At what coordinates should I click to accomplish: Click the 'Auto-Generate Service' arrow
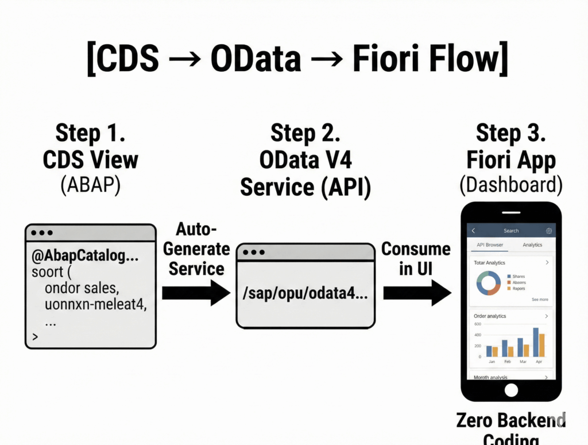[x=196, y=293]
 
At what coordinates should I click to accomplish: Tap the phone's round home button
[x=510, y=390]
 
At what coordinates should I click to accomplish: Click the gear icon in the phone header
[x=549, y=231]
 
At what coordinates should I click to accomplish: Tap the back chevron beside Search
[x=473, y=231]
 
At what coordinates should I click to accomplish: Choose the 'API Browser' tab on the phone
[x=490, y=245]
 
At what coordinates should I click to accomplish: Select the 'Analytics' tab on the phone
[x=532, y=245]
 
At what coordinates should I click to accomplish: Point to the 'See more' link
[x=539, y=300]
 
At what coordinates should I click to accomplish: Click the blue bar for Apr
[x=536, y=342]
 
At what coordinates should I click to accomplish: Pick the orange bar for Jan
[x=496, y=351]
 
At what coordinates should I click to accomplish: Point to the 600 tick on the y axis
[x=477, y=325]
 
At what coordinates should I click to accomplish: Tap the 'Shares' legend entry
[x=518, y=276]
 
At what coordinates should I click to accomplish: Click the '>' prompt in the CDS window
[x=35, y=336]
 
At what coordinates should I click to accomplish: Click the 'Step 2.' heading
[x=305, y=133]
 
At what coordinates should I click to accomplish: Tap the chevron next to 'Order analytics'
[x=546, y=316]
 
